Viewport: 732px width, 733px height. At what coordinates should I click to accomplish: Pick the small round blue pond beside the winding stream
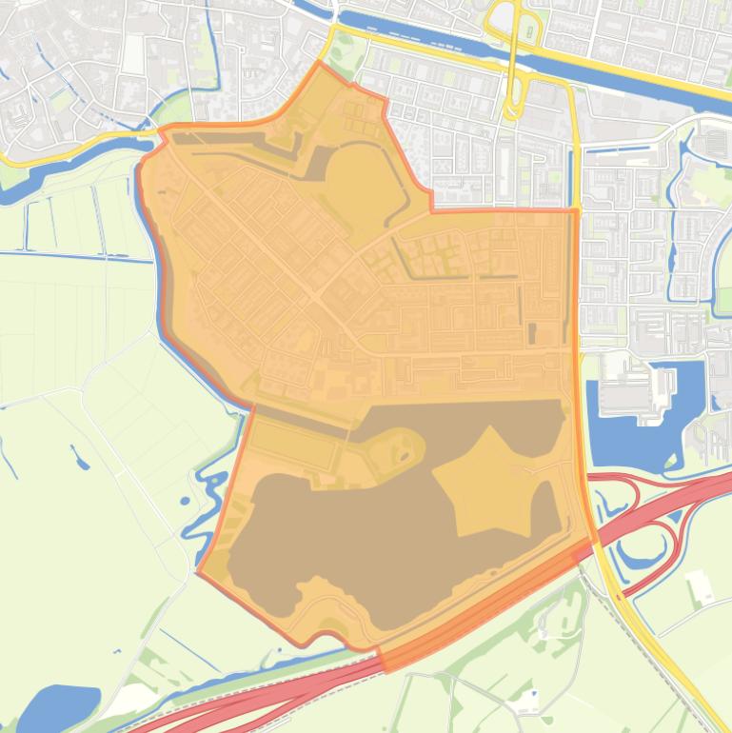coord(185,501)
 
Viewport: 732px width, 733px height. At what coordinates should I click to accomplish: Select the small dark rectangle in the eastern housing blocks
coord(531,333)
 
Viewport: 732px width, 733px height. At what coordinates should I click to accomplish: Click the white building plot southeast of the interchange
coord(702,586)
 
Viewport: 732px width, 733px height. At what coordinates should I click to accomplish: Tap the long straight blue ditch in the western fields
coord(76,255)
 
